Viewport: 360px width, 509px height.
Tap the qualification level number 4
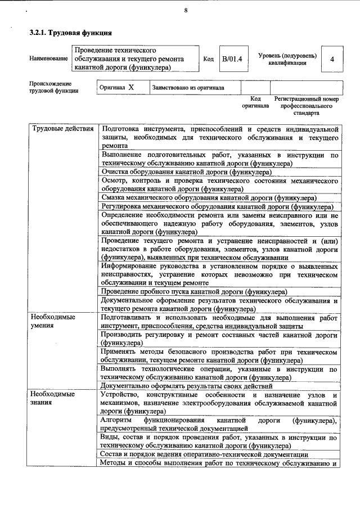point(332,59)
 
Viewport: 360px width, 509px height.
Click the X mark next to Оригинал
point(131,88)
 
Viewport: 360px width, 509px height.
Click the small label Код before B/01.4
point(208,59)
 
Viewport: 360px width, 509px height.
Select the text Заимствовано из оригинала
point(188,88)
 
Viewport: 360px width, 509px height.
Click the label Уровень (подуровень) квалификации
point(287,59)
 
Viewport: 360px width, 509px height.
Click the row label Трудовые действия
point(62,129)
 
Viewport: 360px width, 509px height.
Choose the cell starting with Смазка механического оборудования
point(208,197)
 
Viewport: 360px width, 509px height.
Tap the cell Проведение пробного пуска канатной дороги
point(194,291)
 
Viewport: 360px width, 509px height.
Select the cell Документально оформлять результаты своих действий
point(186,386)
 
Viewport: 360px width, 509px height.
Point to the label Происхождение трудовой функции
point(54,87)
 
